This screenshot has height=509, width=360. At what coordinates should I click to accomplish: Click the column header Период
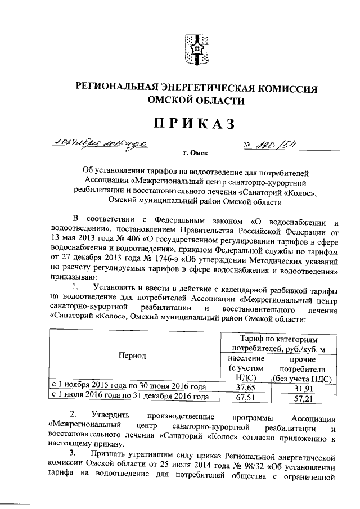point(133,356)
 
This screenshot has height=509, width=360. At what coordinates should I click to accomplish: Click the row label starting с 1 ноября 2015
point(129,387)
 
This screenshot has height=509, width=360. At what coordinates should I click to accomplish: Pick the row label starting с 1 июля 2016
point(129,397)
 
